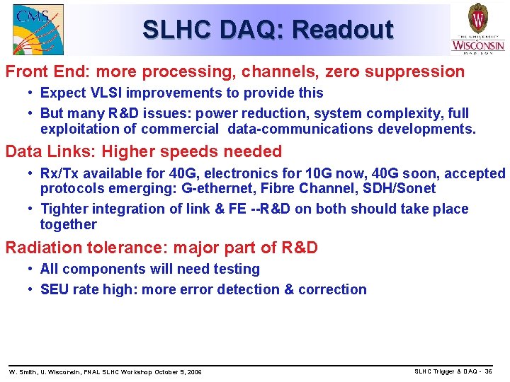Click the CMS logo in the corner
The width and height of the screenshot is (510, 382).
(38, 29)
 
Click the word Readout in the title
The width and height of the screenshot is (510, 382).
(342, 30)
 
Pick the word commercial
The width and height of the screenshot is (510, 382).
(180, 129)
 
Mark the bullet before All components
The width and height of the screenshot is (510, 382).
(32, 270)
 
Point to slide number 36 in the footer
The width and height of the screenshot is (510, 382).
(488, 371)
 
